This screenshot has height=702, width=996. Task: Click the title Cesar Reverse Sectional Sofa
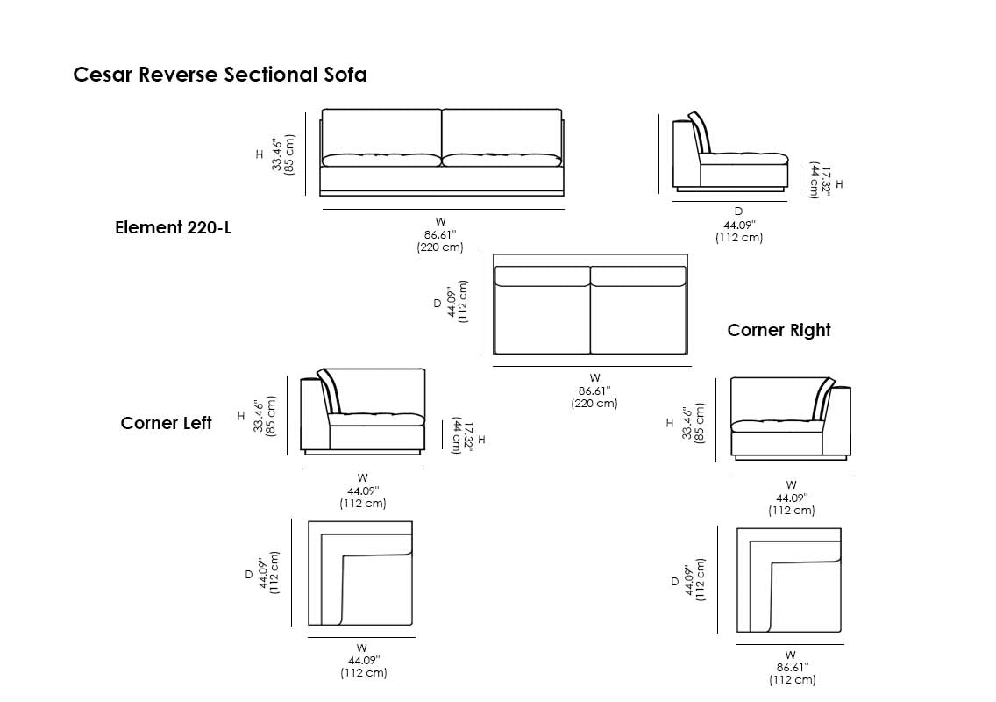pyautogui.click(x=220, y=75)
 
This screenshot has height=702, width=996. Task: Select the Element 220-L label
pyautogui.click(x=174, y=228)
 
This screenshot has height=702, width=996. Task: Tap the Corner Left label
pyautogui.click(x=167, y=423)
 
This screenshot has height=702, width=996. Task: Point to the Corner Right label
pyautogui.click(x=779, y=330)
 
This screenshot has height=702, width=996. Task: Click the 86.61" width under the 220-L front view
pyautogui.click(x=440, y=235)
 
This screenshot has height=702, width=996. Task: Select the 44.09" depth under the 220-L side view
pyautogui.click(x=738, y=226)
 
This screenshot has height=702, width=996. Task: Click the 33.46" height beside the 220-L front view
pyautogui.click(x=277, y=154)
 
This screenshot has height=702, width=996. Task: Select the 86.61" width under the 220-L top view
pyautogui.click(x=594, y=391)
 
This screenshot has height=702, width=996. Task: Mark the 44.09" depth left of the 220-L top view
pyautogui.click(x=452, y=303)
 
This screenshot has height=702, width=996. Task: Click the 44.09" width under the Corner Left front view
pyautogui.click(x=362, y=491)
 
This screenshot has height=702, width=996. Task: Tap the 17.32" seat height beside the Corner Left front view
pyautogui.click(x=462, y=434)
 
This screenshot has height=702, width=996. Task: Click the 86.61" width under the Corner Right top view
pyautogui.click(x=792, y=668)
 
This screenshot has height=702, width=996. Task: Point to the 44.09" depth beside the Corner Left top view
pyautogui.click(x=263, y=574)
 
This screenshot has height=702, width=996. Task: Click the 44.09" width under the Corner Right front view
pyautogui.click(x=792, y=498)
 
